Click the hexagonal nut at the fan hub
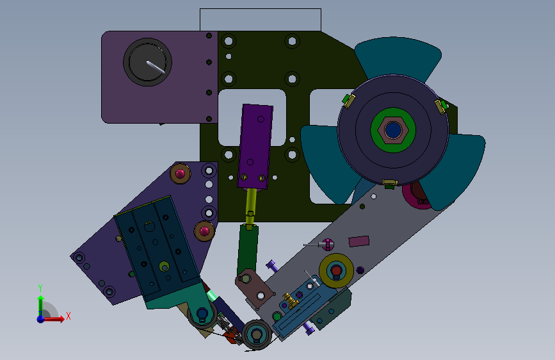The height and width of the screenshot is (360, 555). point(393,130)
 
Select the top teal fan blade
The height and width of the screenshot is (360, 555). point(398,57)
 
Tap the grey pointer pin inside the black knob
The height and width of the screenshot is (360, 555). point(156,67)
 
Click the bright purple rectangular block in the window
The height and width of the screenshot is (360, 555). point(255,146)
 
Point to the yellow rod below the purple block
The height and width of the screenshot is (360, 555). point(251,208)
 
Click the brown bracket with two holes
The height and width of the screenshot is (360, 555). point(255,288)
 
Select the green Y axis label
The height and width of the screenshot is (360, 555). point(40,288)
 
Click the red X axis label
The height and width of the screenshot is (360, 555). point(68,316)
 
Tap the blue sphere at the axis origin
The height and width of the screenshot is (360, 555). point(41,319)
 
